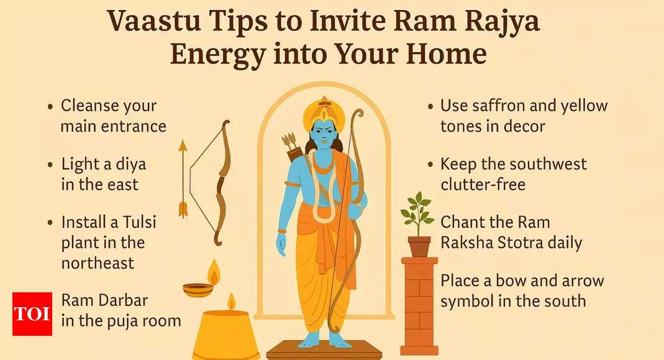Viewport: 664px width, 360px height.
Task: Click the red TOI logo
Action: coord(32,314)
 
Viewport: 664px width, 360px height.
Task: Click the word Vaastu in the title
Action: coord(153,20)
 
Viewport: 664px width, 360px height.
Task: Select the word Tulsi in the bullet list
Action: coord(139,222)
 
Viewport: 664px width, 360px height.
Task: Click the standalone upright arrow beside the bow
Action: coord(183,179)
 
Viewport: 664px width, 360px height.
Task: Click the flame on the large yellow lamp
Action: coord(231,301)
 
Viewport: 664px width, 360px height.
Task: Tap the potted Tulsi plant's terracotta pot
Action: coord(419,246)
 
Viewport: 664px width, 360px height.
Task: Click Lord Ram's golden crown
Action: coord(324,112)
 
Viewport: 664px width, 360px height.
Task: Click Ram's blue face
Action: coord(324,133)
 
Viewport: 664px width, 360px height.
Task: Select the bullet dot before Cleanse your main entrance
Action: coord(50,106)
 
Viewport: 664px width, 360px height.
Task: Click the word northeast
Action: coord(98,263)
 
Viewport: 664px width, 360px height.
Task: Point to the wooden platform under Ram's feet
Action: coord(324,350)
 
